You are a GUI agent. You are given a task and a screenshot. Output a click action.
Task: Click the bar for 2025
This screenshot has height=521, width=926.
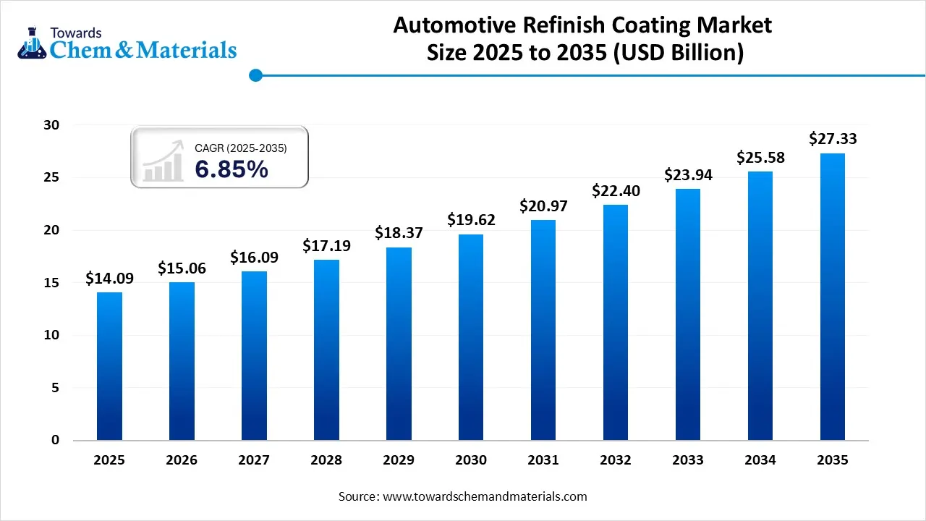pyautogui.click(x=109, y=366)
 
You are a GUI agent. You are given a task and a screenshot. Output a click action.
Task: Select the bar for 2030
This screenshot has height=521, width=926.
pyautogui.click(x=471, y=337)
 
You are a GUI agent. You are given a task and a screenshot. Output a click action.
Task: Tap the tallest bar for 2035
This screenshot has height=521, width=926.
pyautogui.click(x=833, y=297)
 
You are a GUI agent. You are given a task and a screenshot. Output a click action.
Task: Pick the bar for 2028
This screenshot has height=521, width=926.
pyautogui.click(x=326, y=350)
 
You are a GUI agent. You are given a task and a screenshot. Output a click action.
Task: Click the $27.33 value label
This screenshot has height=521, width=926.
pyautogui.click(x=833, y=138)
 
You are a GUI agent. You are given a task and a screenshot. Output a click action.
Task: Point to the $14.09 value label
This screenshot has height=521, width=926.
pyautogui.click(x=109, y=278)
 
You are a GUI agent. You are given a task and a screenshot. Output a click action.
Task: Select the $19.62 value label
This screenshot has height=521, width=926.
pyautogui.click(x=471, y=219)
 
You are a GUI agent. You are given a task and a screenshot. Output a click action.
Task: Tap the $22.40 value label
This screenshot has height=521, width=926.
pyautogui.click(x=616, y=190)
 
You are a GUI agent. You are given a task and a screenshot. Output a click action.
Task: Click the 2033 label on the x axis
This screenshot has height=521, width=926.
pyautogui.click(x=688, y=460)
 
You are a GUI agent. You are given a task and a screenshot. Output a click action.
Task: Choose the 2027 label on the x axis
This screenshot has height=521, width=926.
pyautogui.click(x=254, y=460)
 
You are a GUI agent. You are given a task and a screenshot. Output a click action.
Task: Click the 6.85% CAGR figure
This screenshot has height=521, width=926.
pyautogui.click(x=231, y=169)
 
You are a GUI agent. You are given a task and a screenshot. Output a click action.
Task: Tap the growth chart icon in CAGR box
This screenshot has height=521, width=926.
pyautogui.click(x=163, y=161)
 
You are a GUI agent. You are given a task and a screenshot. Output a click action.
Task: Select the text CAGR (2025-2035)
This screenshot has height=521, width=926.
pyautogui.click(x=241, y=148)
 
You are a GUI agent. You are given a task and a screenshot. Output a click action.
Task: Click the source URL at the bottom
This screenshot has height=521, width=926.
pyautogui.click(x=485, y=496)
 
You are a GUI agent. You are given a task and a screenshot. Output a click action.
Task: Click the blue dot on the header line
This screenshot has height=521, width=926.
pyautogui.click(x=255, y=75)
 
